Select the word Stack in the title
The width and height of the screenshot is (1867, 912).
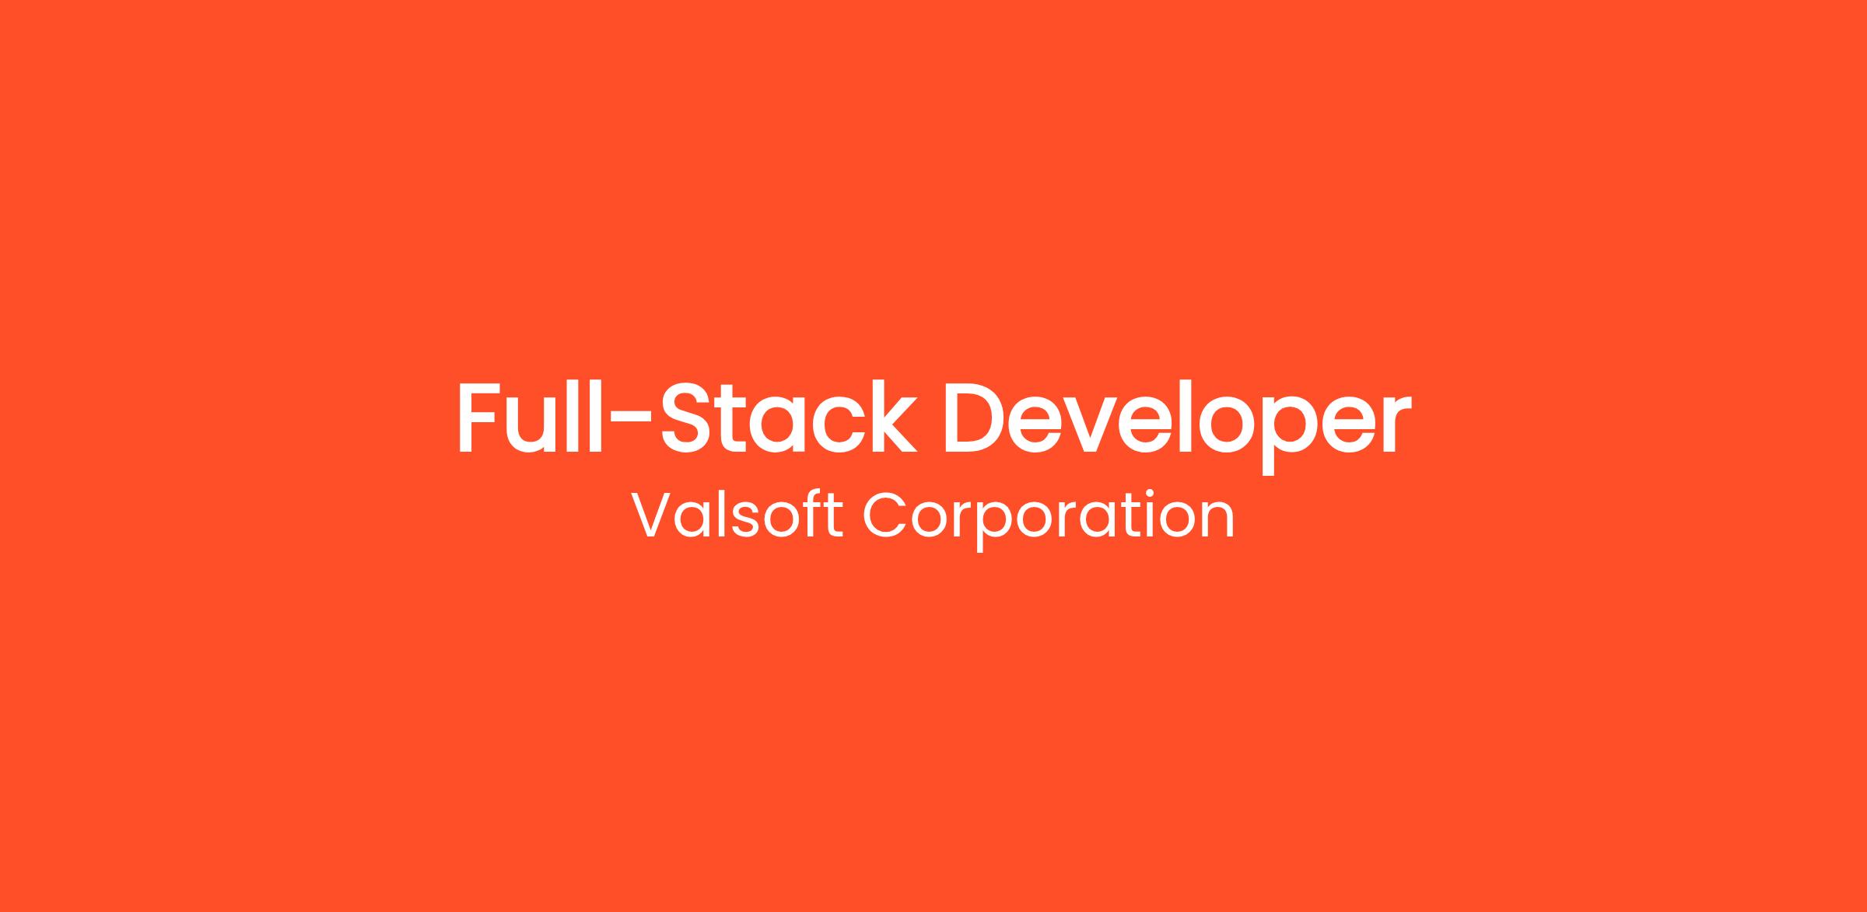(x=789, y=416)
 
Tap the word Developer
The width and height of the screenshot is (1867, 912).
(x=1177, y=426)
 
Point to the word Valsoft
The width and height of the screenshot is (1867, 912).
(x=736, y=515)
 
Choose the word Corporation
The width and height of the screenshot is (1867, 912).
(x=1048, y=519)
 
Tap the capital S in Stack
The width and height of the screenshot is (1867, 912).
(x=685, y=417)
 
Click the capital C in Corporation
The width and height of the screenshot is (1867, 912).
(x=884, y=515)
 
